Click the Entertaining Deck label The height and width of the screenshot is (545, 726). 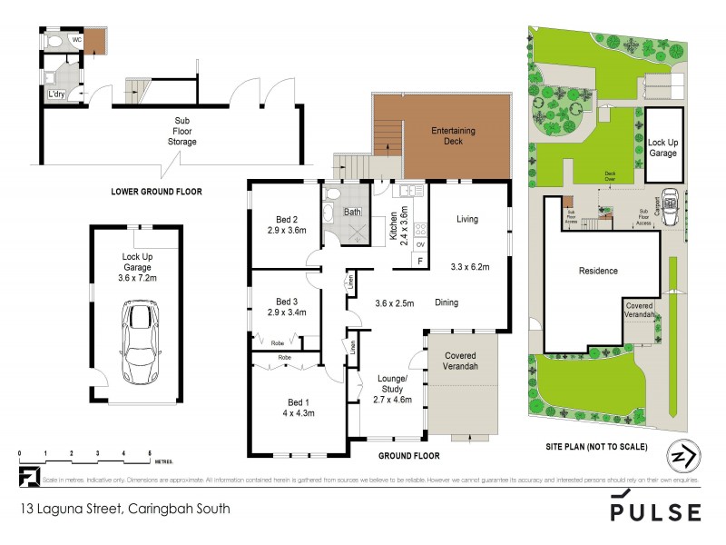[453, 136]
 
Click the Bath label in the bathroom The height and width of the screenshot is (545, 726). [353, 213]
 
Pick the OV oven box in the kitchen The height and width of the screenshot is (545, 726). [420, 244]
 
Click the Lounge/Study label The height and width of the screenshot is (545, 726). [393, 387]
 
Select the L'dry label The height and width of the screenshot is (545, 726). [56, 94]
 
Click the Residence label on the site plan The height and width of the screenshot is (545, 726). [598, 271]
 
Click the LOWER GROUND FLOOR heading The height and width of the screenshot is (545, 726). [156, 192]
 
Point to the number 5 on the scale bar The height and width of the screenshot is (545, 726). [149, 452]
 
